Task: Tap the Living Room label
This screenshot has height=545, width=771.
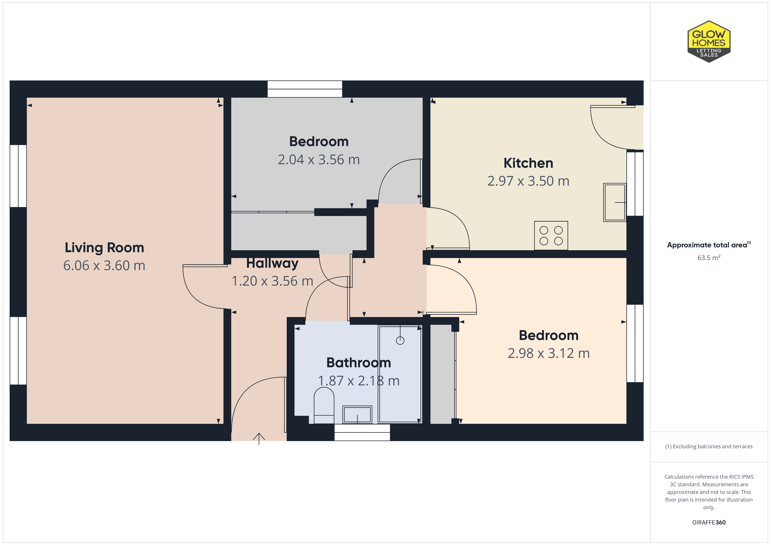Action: pyautogui.click(x=104, y=248)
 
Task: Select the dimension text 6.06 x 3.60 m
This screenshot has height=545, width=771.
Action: pyautogui.click(x=104, y=266)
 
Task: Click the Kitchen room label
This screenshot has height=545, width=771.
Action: pyautogui.click(x=528, y=163)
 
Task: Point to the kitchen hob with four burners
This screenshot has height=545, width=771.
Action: pyautogui.click(x=551, y=236)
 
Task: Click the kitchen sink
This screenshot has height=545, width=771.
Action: pyautogui.click(x=615, y=202)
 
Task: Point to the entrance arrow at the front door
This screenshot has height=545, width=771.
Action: pyautogui.click(x=259, y=439)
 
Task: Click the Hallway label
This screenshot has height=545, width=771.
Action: pyautogui.click(x=272, y=263)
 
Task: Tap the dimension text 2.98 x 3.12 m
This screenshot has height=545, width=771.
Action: pyautogui.click(x=549, y=353)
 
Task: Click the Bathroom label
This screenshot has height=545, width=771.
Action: pyautogui.click(x=359, y=363)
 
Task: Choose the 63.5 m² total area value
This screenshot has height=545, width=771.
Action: pyautogui.click(x=709, y=257)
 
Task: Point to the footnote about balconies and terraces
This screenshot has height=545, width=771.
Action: pyautogui.click(x=709, y=446)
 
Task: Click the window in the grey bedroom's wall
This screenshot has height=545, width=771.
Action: pyautogui.click(x=305, y=89)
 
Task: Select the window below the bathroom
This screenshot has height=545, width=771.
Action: pyautogui.click(x=362, y=432)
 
